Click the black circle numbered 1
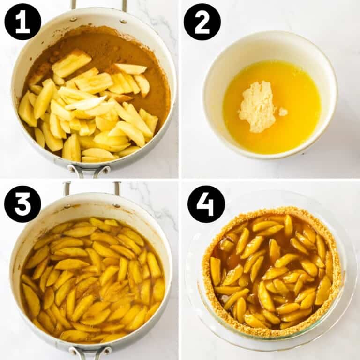22,22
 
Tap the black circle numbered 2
202,22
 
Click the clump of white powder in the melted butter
257,106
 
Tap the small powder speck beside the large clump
283,112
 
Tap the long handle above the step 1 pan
98,5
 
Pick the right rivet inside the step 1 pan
122,21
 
